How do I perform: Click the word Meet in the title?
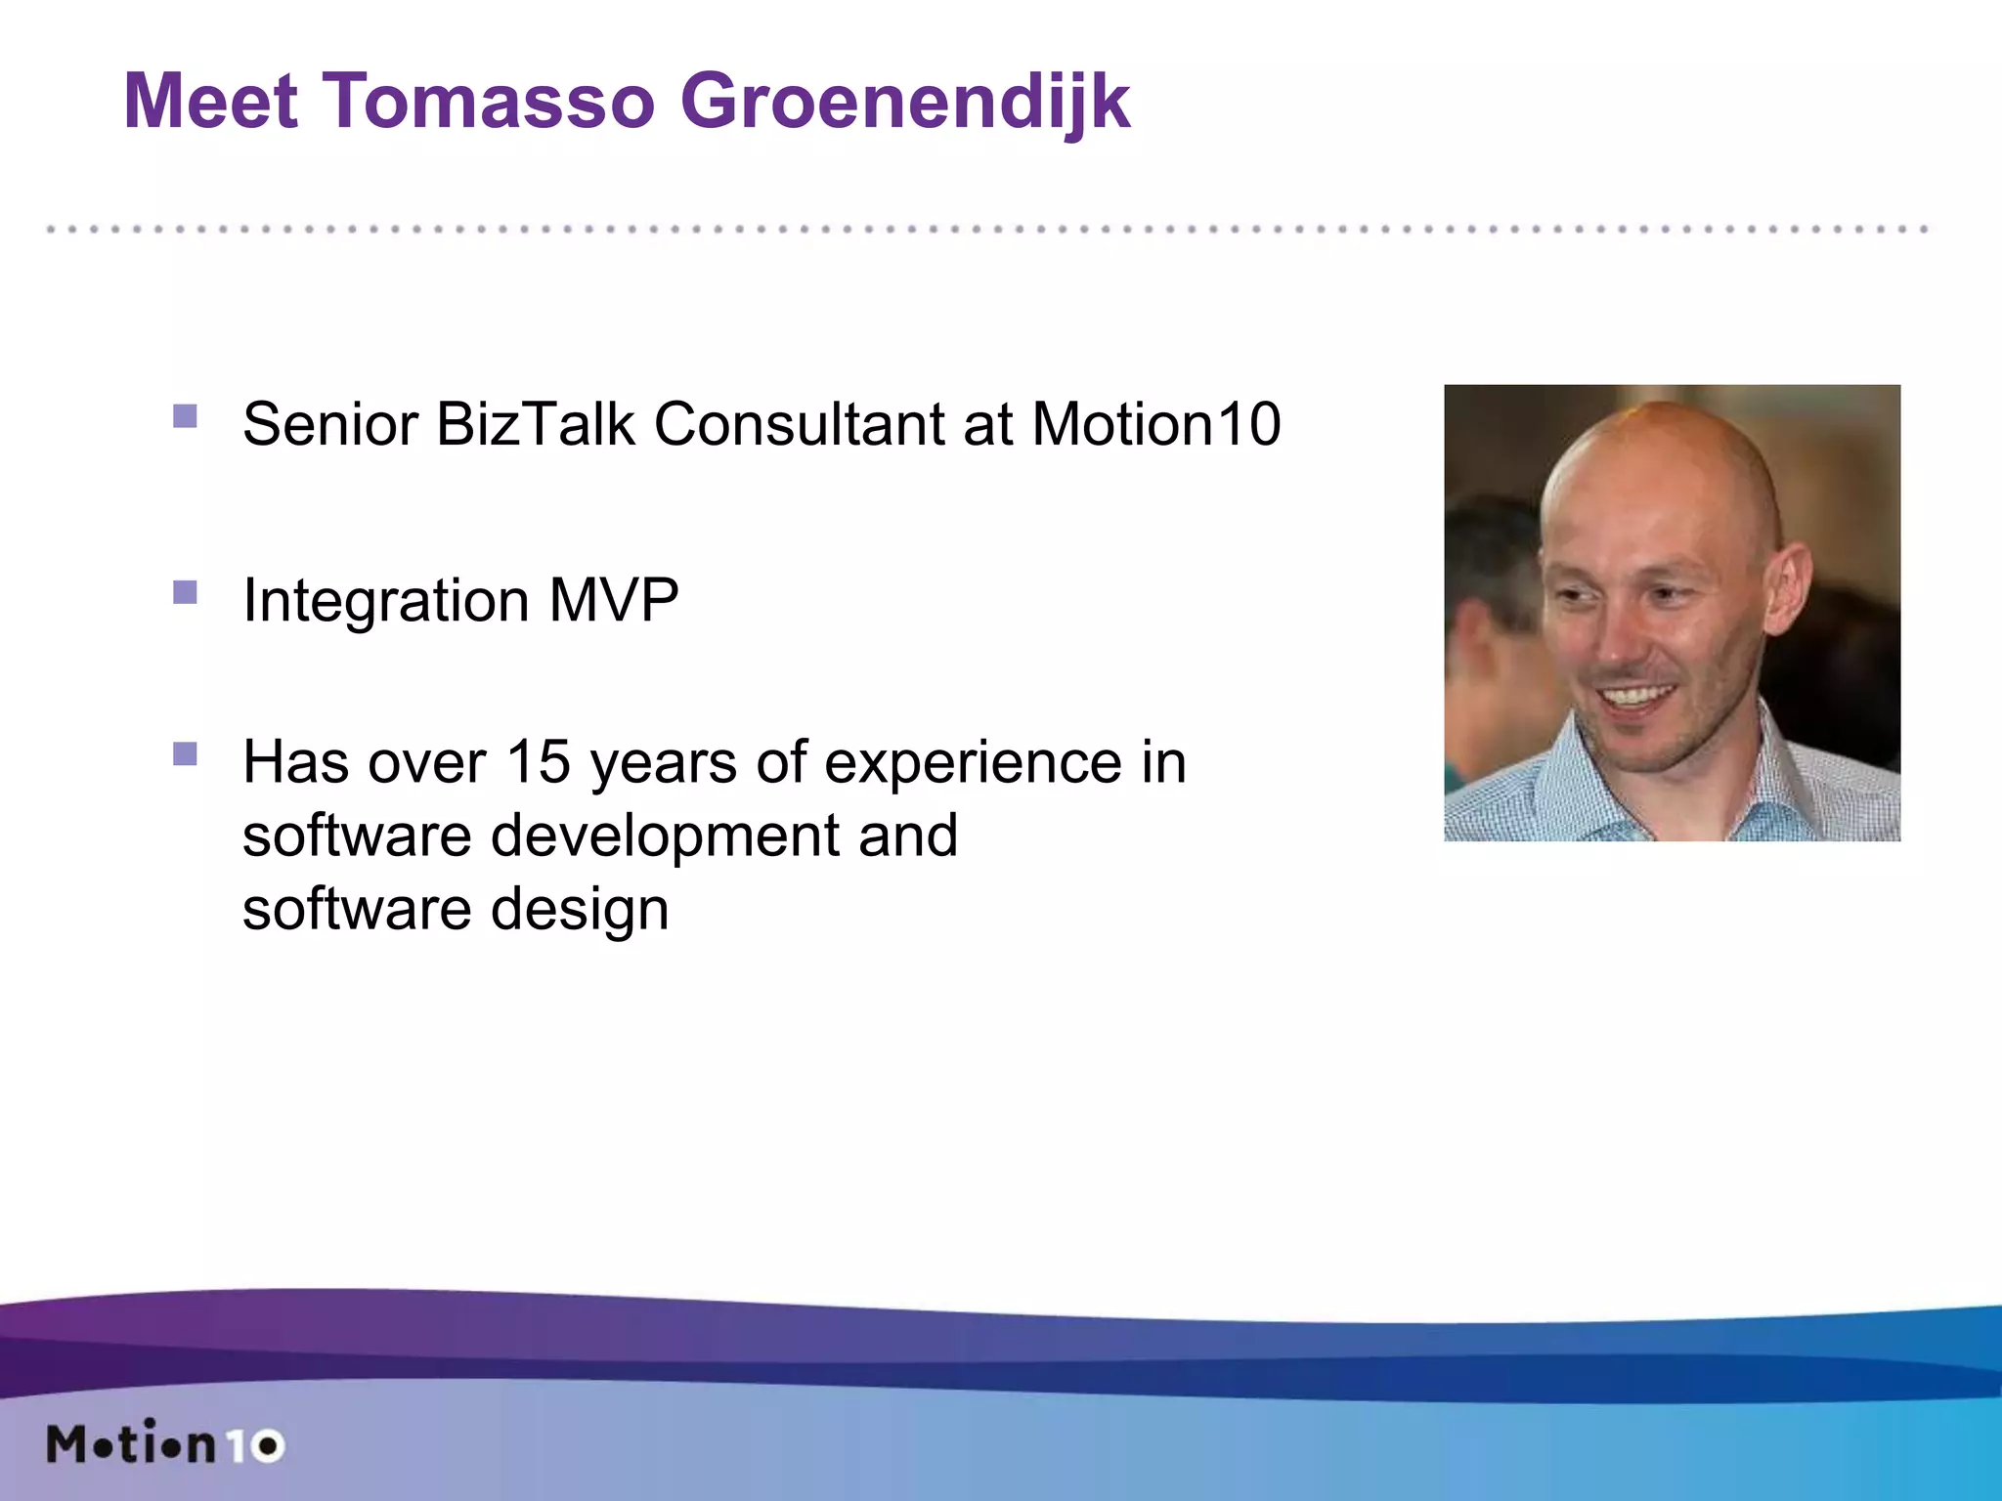tap(210, 101)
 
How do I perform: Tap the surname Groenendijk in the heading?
tap(904, 103)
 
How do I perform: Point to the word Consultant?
tap(799, 424)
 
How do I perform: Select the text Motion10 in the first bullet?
tap(1155, 424)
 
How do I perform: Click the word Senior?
tap(329, 424)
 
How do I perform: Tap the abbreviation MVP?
tap(613, 599)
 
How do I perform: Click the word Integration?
tap(386, 601)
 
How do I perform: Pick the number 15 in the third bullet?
tap(538, 761)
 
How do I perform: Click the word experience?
tap(973, 763)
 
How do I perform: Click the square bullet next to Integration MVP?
tap(185, 593)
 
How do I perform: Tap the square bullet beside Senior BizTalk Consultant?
tap(185, 417)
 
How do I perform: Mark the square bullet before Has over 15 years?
tap(185, 753)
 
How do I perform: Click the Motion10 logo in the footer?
tap(164, 1444)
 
